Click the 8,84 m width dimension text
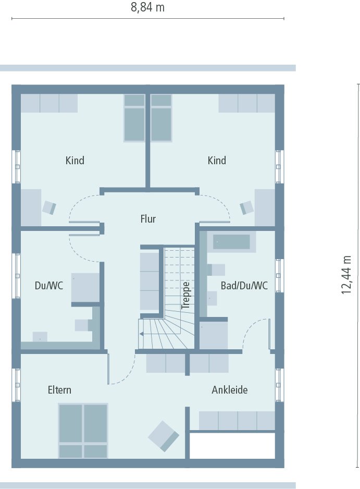(147, 7)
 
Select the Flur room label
(148, 219)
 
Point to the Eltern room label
(59, 390)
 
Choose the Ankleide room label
(229, 390)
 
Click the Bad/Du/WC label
(244, 286)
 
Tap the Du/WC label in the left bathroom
(48, 286)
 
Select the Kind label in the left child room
(75, 161)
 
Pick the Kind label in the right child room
(217, 161)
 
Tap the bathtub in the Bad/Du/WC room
(231, 242)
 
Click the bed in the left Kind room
(134, 118)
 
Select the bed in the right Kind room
(161, 118)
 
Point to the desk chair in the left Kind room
(49, 207)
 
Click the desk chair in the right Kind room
(246, 207)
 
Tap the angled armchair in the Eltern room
(164, 436)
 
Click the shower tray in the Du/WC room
(85, 287)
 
